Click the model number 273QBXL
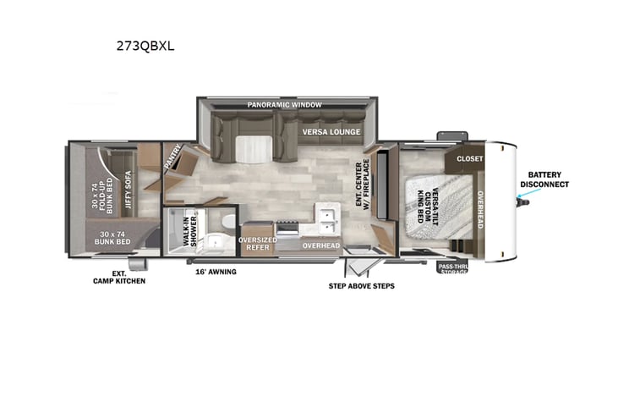[x=146, y=47]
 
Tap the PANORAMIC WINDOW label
[x=285, y=105]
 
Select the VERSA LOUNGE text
[x=331, y=132]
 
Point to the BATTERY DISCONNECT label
[x=544, y=179]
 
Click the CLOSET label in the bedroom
[x=469, y=158]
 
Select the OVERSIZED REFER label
[x=257, y=244]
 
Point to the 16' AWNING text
[x=216, y=272]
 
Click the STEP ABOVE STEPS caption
[x=361, y=286]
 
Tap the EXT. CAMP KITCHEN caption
[x=119, y=277]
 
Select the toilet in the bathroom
[x=224, y=222]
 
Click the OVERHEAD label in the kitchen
[x=321, y=245]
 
